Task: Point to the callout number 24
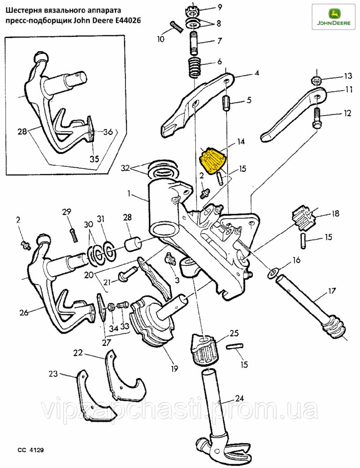click(x=239, y=399)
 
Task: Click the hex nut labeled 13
click(x=316, y=78)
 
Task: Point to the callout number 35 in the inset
click(x=94, y=158)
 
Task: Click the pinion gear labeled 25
click(x=205, y=348)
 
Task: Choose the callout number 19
click(x=174, y=368)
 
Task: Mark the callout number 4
click(x=257, y=73)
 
